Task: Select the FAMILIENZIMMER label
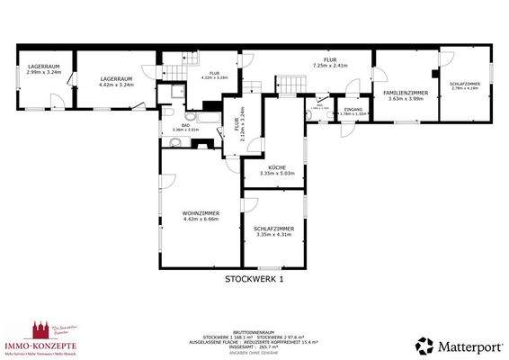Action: click(405, 93)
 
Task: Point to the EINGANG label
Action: click(353, 109)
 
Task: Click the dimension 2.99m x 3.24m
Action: click(43, 72)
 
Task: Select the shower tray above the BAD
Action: click(171, 93)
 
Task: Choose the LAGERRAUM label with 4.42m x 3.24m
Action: click(117, 78)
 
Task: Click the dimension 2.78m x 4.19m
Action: click(465, 87)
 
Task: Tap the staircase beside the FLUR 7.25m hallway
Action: click(288, 82)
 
